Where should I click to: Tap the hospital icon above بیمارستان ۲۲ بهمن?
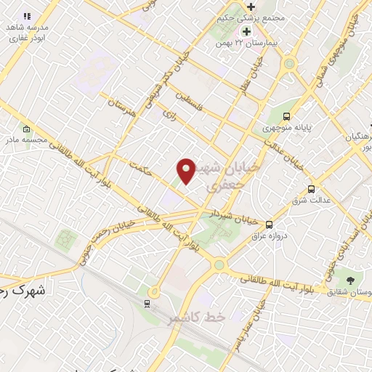coord(246,31)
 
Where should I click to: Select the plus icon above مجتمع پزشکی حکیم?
coord(251,7)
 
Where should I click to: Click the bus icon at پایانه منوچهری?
coord(287,116)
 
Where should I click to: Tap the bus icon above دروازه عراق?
coord(270,225)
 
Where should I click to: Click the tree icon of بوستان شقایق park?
coord(351,280)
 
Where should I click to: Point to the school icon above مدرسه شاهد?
coord(27,16)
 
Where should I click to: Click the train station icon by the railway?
coord(147,304)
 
